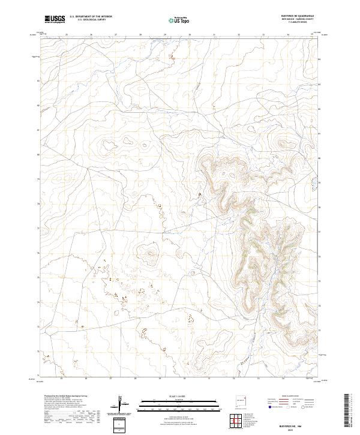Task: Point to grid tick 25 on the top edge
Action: pyautogui.click(x=66, y=35)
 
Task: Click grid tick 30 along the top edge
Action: pyautogui.click(x=190, y=35)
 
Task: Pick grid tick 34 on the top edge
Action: pyautogui.click(x=288, y=35)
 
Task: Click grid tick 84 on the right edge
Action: pyautogui.click(x=320, y=59)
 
